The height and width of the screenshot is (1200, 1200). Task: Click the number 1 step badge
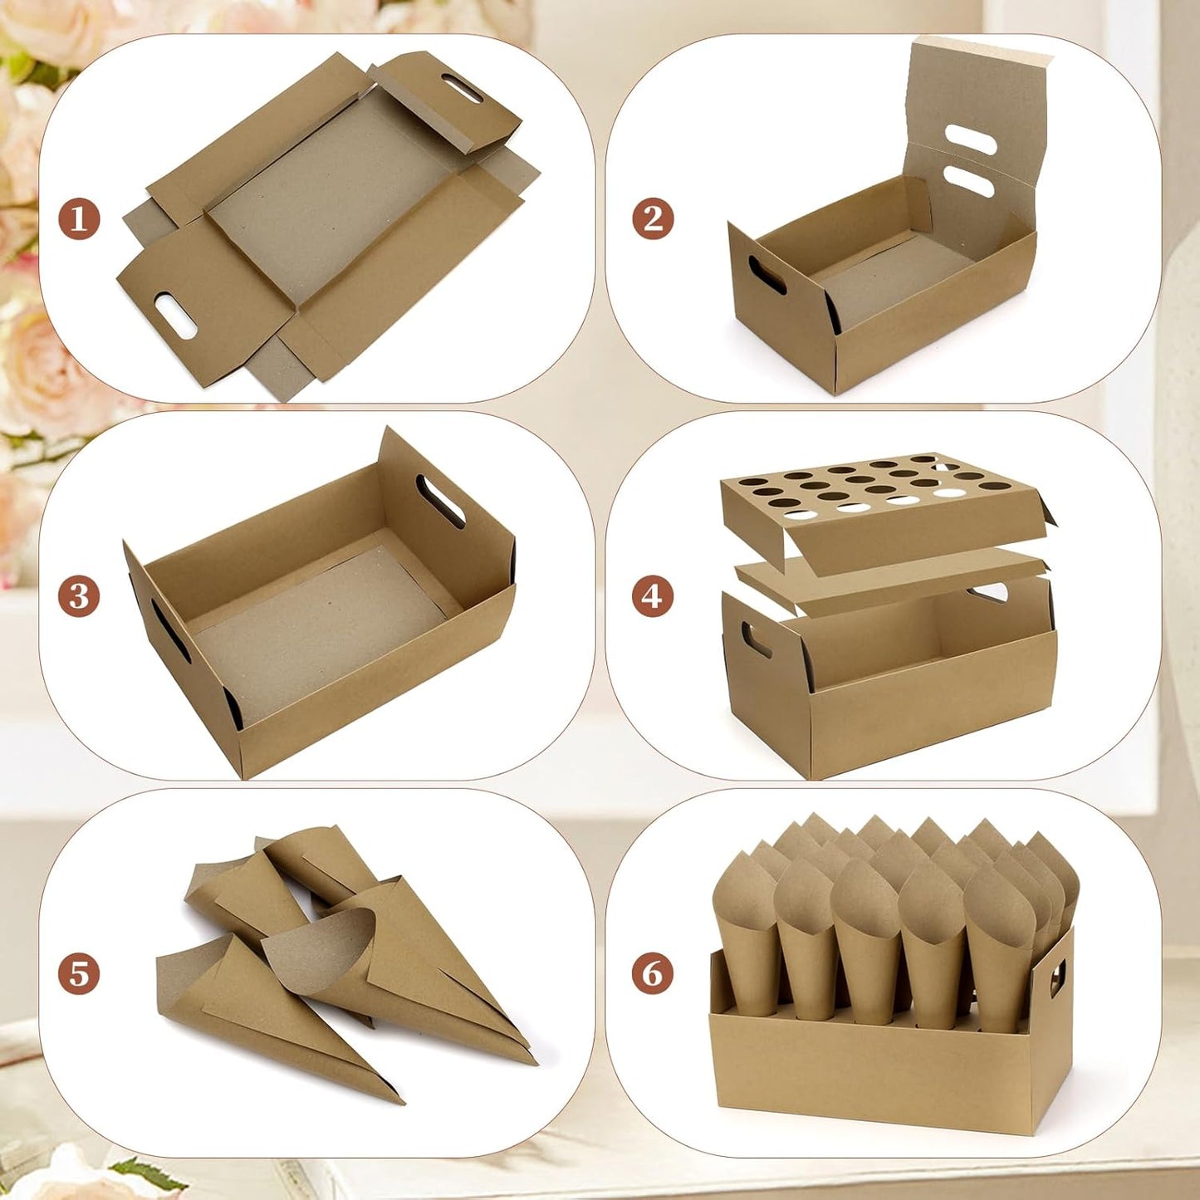(79, 220)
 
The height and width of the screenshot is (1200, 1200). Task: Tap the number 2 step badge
(653, 220)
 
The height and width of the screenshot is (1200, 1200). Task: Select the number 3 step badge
(79, 596)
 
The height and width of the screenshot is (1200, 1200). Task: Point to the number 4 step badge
(653, 596)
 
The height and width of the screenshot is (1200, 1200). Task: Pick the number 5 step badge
(79, 973)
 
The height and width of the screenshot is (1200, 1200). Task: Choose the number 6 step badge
(653, 973)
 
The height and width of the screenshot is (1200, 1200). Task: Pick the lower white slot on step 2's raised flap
(968, 181)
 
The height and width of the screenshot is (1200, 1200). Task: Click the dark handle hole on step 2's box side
(767, 275)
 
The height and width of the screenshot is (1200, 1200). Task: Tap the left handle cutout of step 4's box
(757, 639)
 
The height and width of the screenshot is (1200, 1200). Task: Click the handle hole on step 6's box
(1058, 977)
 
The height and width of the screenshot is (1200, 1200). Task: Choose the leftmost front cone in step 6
(746, 930)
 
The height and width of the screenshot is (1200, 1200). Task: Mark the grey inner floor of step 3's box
(316, 631)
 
